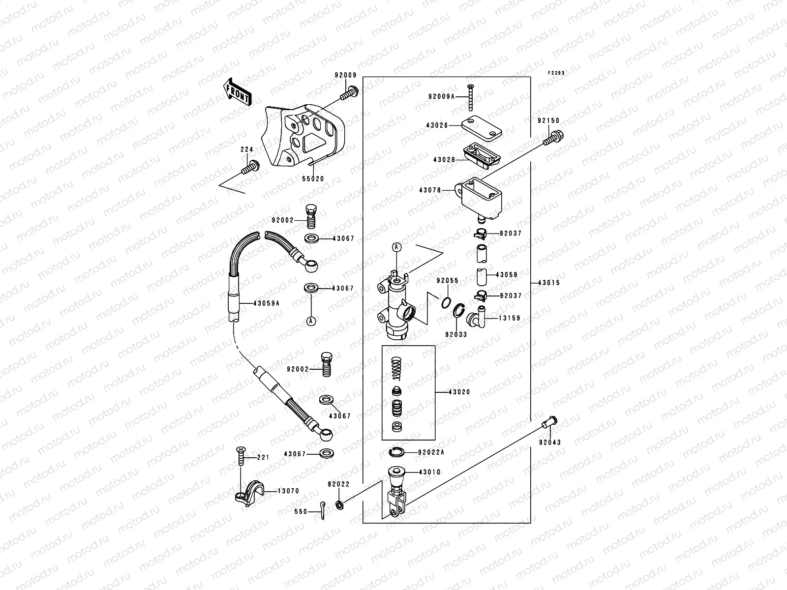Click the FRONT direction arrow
(238, 91)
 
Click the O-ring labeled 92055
(445, 302)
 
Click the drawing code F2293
(557, 73)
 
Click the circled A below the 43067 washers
(311, 321)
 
